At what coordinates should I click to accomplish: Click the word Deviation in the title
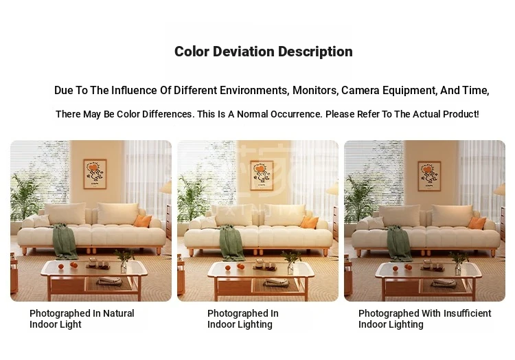pos(243,52)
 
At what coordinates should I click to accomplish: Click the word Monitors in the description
pos(315,90)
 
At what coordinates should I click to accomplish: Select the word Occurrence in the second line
pos(297,114)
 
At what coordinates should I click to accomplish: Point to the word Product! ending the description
pos(462,114)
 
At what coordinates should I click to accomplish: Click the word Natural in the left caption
pos(119,313)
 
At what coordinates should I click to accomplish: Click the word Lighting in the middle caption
pos(255,324)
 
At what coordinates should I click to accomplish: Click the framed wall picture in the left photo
pos(95,174)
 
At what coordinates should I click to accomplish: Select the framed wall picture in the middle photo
pos(262,175)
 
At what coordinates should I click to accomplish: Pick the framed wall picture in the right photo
pos(429,176)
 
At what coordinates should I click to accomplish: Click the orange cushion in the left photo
pos(143,221)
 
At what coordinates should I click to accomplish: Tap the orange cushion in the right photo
pos(477,223)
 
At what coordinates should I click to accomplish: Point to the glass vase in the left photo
pos(124,266)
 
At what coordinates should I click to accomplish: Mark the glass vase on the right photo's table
pos(458,269)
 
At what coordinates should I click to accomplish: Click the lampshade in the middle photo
pos(332,188)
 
